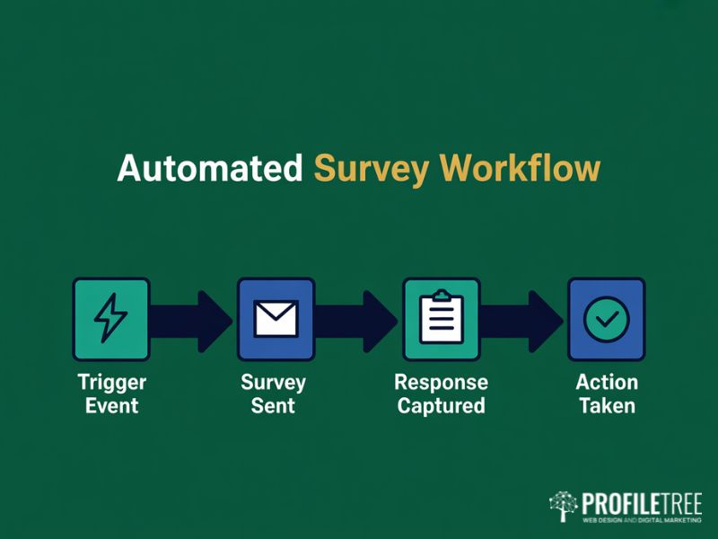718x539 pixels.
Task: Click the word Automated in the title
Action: [210, 169]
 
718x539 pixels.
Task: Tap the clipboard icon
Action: [442, 316]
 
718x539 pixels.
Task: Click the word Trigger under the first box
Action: [111, 383]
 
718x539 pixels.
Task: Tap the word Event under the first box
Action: [111, 405]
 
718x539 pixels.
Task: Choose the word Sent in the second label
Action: [274, 405]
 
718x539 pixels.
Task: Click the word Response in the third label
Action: [441, 383]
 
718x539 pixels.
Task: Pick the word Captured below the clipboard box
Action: [441, 406]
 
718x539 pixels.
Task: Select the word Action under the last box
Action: [607, 383]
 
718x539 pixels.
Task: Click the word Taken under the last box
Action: [607, 405]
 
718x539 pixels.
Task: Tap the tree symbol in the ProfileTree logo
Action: [564, 506]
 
